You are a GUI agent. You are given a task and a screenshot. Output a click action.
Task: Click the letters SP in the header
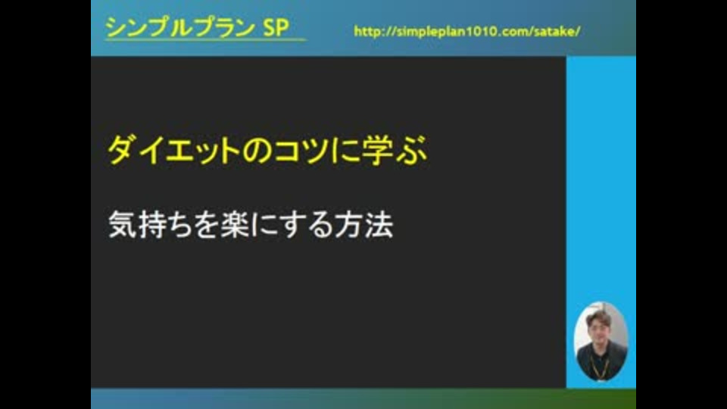[x=276, y=27]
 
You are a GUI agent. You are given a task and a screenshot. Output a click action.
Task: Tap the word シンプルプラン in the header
[x=180, y=27]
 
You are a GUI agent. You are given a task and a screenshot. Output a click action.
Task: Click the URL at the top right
[x=467, y=32]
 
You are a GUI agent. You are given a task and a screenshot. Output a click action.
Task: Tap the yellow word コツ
[x=301, y=150]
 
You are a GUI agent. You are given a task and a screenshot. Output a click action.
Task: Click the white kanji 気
[x=123, y=224]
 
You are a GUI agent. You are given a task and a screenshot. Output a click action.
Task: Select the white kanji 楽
[x=236, y=224]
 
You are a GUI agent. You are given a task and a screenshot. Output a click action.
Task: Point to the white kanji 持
[x=151, y=224]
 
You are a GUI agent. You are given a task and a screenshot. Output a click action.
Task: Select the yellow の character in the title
[x=257, y=151]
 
